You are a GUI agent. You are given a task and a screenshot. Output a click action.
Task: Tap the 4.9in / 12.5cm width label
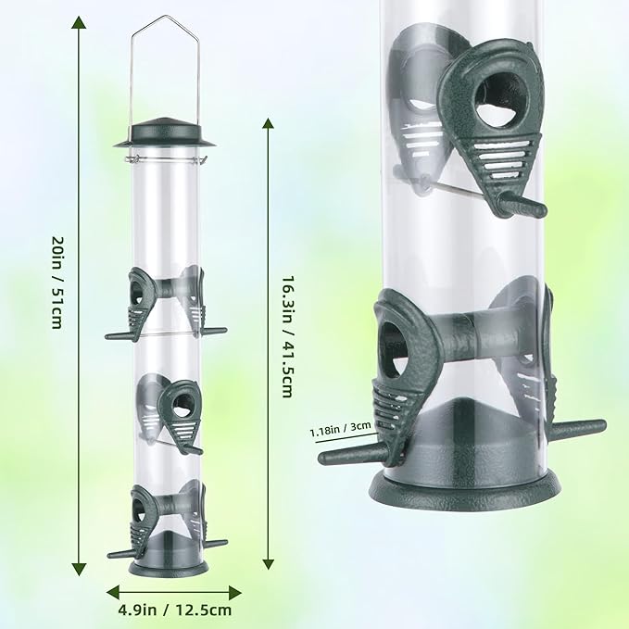(x=176, y=609)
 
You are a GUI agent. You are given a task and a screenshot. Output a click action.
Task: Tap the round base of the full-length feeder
(x=168, y=566)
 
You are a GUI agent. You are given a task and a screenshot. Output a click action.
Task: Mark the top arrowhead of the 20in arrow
(x=80, y=23)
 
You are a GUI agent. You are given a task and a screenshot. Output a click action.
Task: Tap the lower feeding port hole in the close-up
(x=394, y=346)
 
